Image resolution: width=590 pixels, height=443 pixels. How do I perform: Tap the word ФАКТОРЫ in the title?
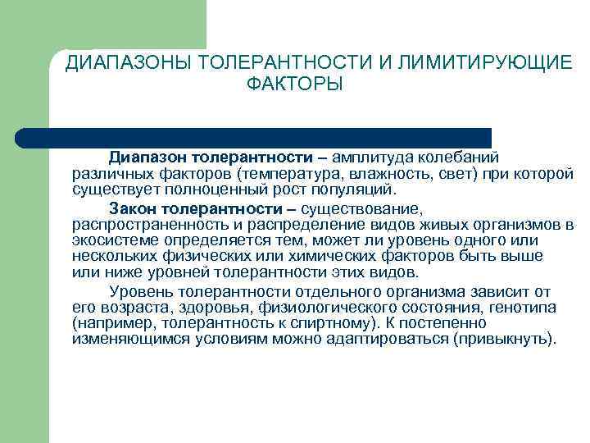294,84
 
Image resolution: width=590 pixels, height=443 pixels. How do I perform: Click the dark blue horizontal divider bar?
254,137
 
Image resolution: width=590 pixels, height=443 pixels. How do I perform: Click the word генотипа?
526,308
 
